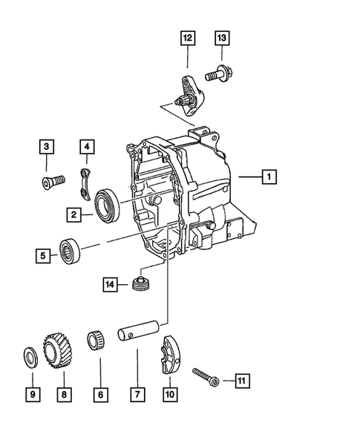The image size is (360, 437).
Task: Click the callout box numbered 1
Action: [269, 177]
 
